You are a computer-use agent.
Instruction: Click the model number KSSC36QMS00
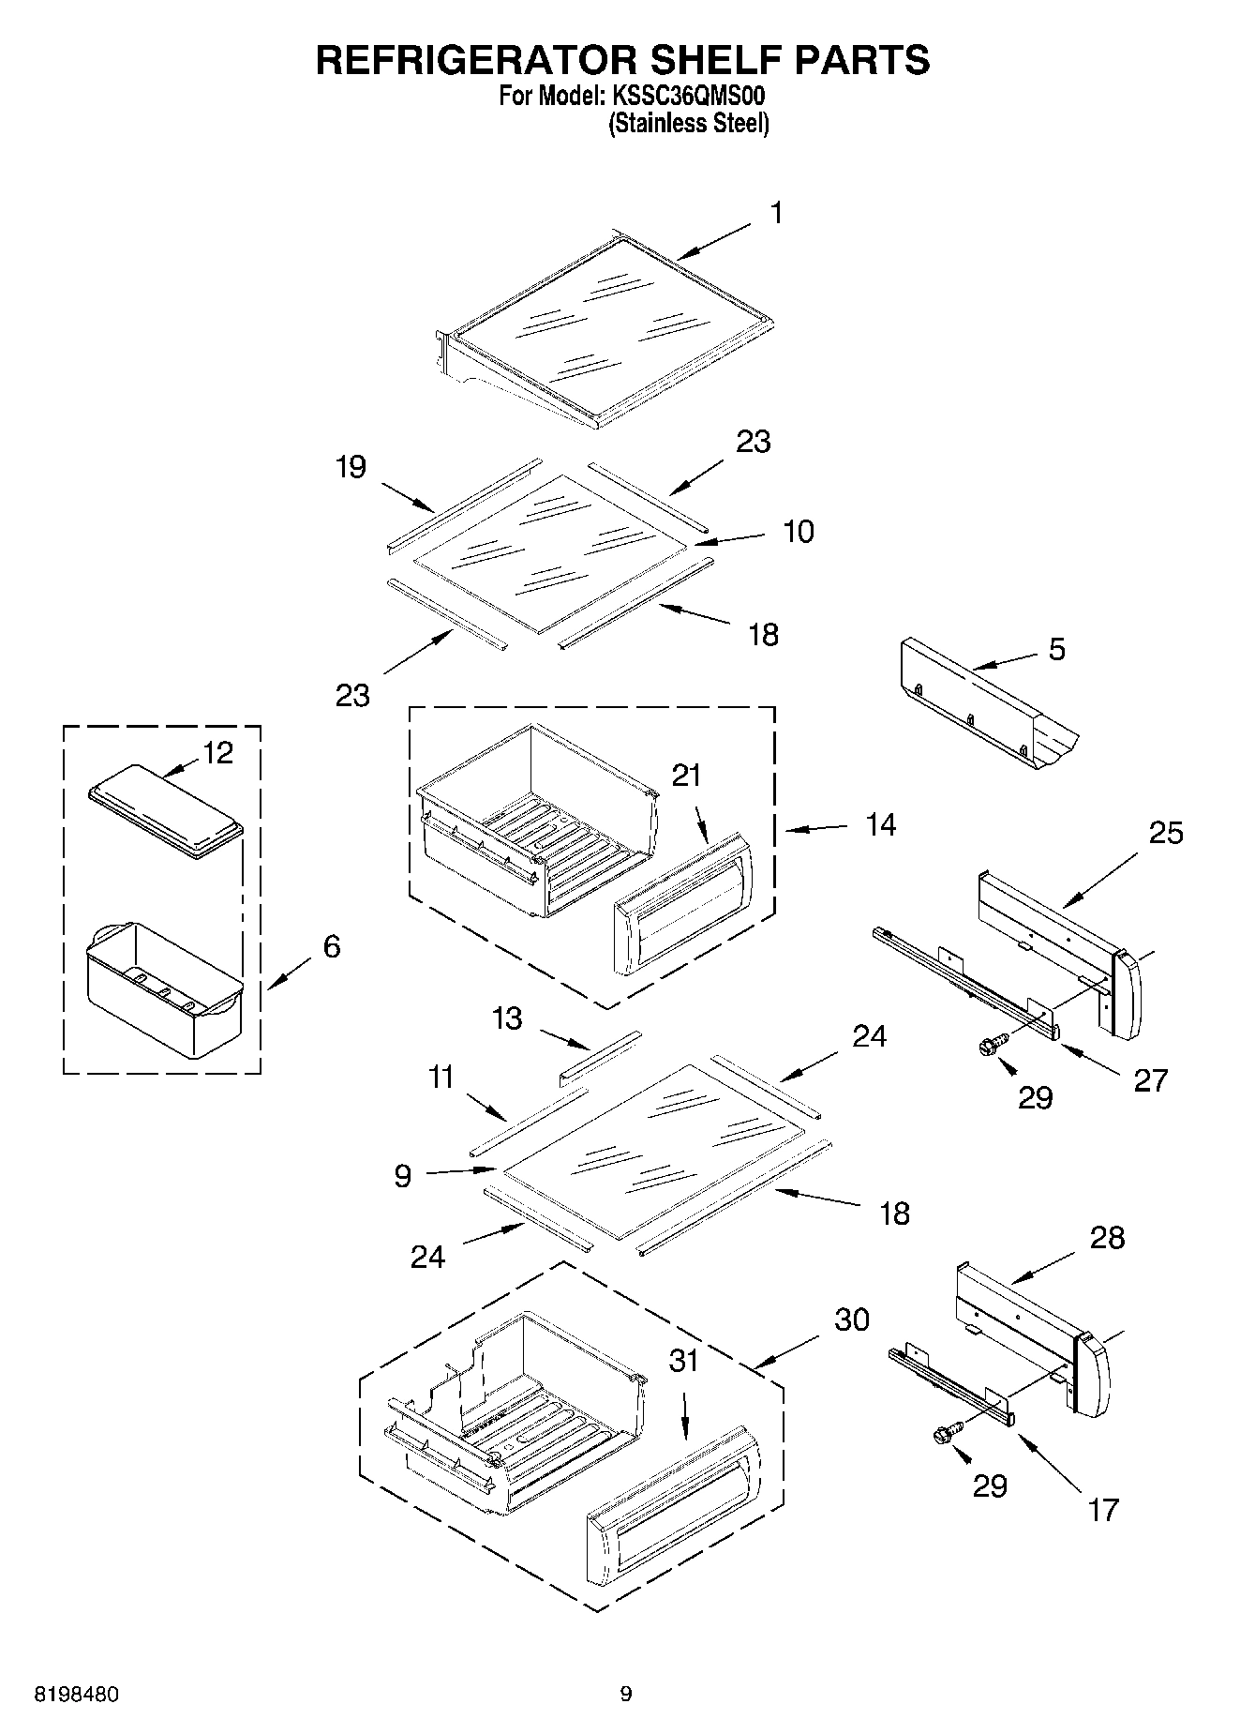[691, 96]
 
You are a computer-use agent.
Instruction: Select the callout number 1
[776, 214]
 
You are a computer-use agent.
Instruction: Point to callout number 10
[799, 532]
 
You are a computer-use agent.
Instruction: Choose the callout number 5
[1056, 649]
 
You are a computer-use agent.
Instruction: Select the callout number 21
[686, 776]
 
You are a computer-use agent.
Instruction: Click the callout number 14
[880, 825]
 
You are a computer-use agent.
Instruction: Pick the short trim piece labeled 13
[600, 1058]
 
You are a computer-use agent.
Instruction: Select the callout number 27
[1150, 1079]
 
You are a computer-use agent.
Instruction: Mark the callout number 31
[684, 1361]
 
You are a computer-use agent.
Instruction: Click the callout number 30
[852, 1319]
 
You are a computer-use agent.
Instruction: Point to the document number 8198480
[76, 1695]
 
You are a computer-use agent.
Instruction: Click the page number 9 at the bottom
[626, 1694]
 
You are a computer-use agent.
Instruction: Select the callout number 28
[1107, 1238]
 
